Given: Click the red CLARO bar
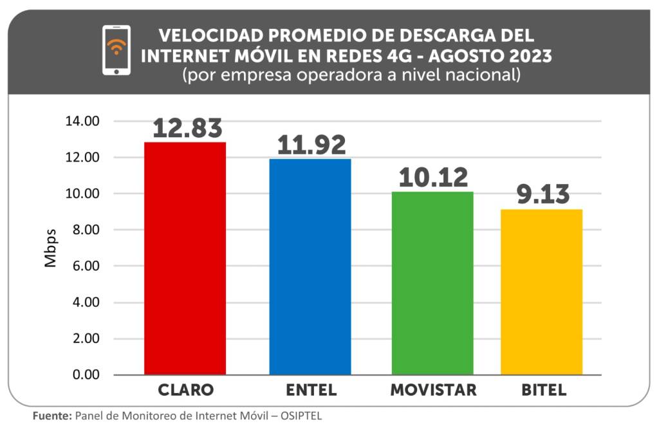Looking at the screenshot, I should [185, 257].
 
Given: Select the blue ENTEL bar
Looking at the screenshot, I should [310, 266].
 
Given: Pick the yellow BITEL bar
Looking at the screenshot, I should [541, 291].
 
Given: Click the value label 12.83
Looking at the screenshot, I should [187, 129].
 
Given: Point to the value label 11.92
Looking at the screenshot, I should [311, 145].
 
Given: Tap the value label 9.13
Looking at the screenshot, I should [543, 195].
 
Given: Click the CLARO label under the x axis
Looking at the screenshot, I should [186, 391].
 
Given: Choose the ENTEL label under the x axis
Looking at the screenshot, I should [311, 391].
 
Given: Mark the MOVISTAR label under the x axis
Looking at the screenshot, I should [433, 391].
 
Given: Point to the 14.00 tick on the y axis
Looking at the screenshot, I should [82, 122].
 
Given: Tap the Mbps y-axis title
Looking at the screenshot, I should [51, 248].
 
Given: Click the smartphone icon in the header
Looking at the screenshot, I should [116, 50].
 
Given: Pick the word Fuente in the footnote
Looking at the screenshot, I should [52, 416].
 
